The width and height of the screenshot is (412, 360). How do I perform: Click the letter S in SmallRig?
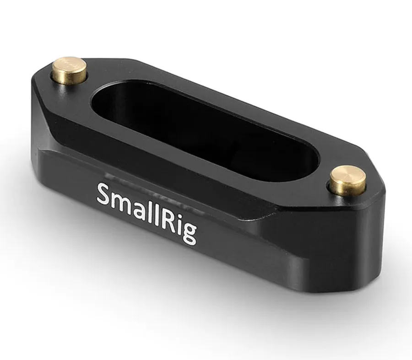[105, 194]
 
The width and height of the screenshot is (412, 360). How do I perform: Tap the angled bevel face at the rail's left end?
[50, 105]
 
